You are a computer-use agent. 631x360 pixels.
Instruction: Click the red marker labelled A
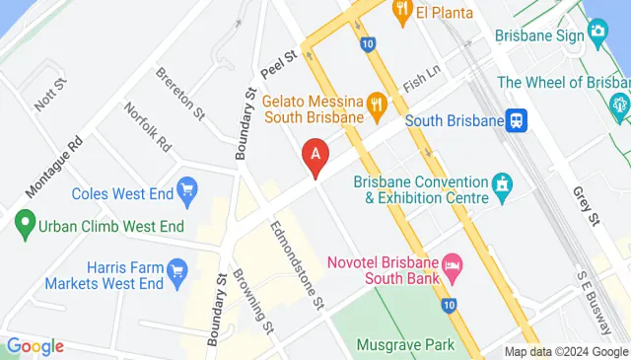click(x=315, y=156)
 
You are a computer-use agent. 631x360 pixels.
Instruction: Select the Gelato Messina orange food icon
click(x=376, y=103)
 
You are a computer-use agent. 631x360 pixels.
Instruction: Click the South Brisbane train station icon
click(x=517, y=120)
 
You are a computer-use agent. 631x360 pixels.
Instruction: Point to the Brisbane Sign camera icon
click(x=597, y=36)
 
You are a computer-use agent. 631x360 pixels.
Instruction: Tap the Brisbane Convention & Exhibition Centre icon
click(x=503, y=182)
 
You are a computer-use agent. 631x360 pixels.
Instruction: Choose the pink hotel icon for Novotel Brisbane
click(x=453, y=264)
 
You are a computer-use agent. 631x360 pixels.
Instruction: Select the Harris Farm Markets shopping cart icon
click(x=178, y=268)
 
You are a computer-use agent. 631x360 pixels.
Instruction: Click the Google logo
click(x=35, y=346)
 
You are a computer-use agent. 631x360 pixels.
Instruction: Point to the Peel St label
click(x=279, y=65)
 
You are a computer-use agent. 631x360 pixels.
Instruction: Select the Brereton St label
click(x=179, y=92)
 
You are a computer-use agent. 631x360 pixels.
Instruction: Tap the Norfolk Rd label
click(x=148, y=128)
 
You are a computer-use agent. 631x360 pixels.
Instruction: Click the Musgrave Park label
click(x=407, y=344)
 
